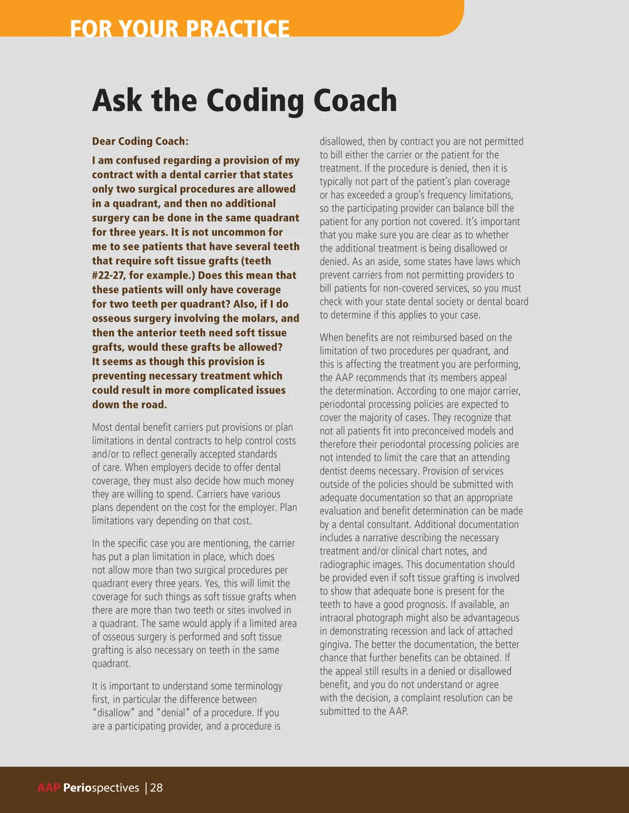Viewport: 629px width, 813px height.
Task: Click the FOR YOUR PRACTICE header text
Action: pos(179,29)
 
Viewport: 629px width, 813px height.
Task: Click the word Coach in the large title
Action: pos(356,101)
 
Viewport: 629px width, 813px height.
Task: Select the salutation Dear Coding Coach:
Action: pos(140,141)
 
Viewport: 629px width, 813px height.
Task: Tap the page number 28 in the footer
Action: pos(157,788)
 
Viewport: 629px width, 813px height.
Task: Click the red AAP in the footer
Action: pos(49,788)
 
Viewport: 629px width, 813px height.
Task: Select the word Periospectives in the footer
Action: pos(101,788)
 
